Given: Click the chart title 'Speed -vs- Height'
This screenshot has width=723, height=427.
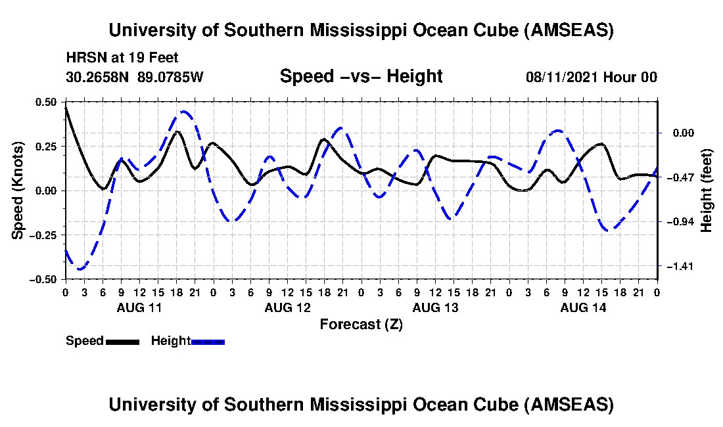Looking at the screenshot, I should [361, 76].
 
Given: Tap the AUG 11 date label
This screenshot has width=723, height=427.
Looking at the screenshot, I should [139, 307].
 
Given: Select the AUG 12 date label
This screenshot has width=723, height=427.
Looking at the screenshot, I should [287, 307].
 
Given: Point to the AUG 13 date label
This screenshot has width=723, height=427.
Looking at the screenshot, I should [435, 307].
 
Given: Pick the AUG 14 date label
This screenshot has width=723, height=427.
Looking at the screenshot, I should [583, 307].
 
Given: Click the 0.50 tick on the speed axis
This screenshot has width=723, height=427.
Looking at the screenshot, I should [46, 102].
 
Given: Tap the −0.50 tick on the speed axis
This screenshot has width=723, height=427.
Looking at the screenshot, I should [44, 279].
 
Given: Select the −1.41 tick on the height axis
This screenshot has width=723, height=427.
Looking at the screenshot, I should [679, 267].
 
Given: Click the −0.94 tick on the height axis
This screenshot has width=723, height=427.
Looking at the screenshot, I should [679, 222].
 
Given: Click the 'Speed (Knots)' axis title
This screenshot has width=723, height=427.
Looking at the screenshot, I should [18, 190].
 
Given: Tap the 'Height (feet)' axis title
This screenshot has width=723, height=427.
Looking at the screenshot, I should [707, 191].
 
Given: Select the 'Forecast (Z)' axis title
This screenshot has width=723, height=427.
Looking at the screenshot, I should [361, 325].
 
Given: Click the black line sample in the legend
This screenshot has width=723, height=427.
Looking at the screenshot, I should [122, 342].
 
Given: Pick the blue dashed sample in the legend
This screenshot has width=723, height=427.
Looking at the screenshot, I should [208, 342].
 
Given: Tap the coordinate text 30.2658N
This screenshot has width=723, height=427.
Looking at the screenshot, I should [99, 77].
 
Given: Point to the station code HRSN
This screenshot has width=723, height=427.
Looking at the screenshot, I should [83, 58].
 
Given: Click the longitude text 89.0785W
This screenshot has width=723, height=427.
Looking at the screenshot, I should [171, 77].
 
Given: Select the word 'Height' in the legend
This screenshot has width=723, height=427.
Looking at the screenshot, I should [171, 341].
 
